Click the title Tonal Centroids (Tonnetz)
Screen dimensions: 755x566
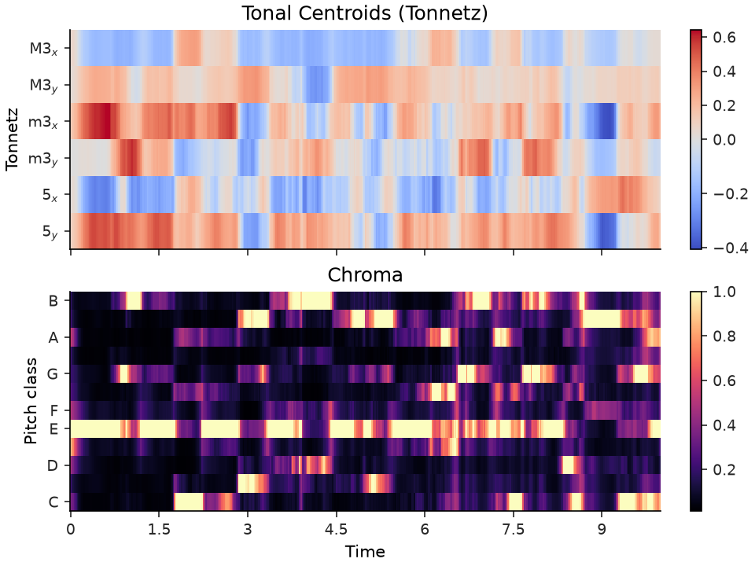pos(364,13)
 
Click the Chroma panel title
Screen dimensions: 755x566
pos(365,275)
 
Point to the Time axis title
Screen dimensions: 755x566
pos(365,552)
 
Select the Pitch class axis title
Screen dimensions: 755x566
pos(31,400)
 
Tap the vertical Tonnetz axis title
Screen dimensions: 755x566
pos(12,140)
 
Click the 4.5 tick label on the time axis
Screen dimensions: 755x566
pos(336,529)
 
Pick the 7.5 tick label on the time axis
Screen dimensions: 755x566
pos(514,529)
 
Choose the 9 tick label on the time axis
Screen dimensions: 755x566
pos(602,529)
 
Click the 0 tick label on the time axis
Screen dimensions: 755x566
pos(71,529)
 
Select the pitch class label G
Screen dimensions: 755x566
pos(53,374)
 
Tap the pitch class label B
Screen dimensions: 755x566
pos(53,301)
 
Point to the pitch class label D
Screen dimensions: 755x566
pos(53,465)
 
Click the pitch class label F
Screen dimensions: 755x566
pos(53,410)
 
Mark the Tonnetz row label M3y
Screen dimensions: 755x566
pos(44,86)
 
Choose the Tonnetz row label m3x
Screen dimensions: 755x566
pos(43,123)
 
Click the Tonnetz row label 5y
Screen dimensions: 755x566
pos(50,232)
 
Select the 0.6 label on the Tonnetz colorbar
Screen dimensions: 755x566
pos(724,37)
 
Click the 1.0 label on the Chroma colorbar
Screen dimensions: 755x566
pos(724,292)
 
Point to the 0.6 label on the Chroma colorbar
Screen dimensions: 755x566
pos(724,380)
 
